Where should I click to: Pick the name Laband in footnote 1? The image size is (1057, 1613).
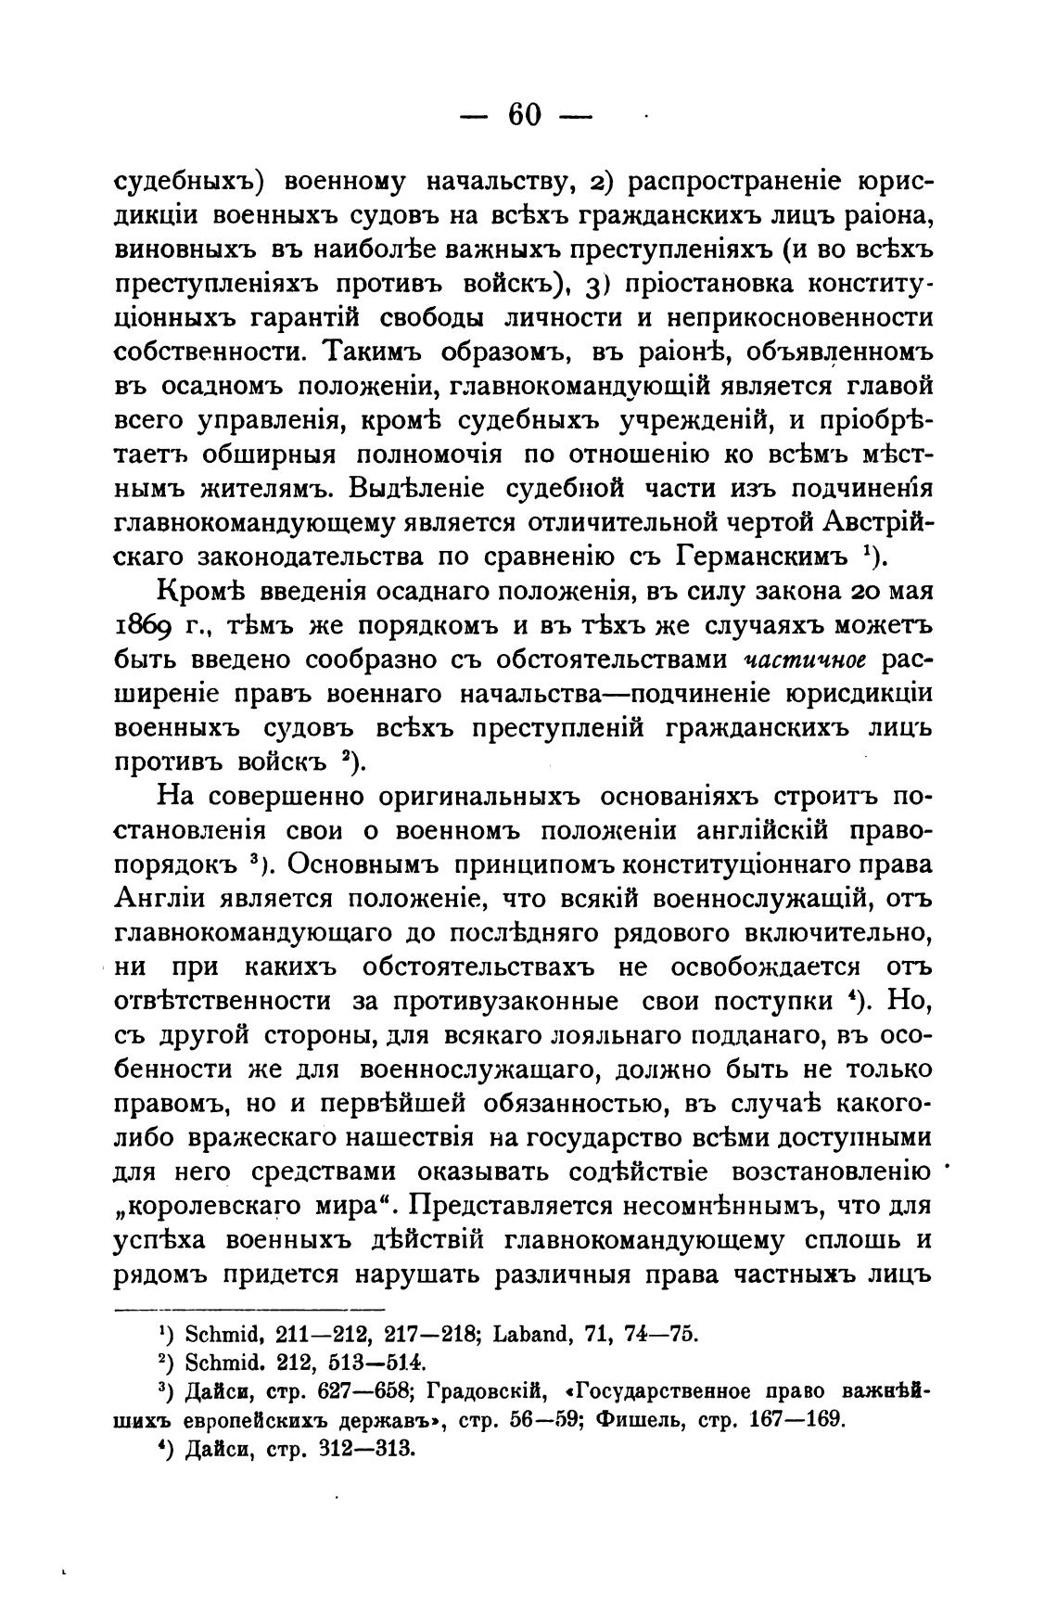pos(538,1336)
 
